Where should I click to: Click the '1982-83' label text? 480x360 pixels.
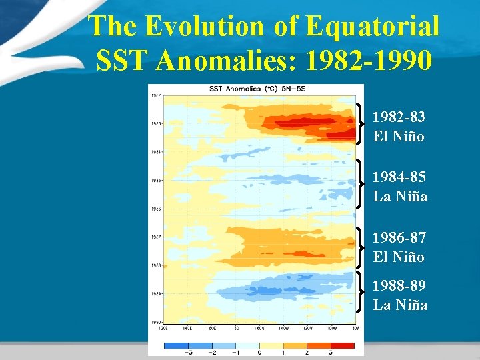click(x=399, y=117)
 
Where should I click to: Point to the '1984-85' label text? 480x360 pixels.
click(x=399, y=177)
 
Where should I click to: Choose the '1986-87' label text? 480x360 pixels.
click(x=399, y=237)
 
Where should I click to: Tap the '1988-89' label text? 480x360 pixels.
click(x=399, y=285)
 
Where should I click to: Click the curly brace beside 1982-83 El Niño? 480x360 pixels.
click(x=361, y=123)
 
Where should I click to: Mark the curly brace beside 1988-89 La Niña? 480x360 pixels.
click(x=361, y=292)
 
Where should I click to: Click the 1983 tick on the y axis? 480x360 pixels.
click(x=155, y=124)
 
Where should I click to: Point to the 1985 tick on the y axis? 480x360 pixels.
click(x=155, y=181)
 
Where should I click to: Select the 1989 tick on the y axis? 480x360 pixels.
click(x=155, y=293)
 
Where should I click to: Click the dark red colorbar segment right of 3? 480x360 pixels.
click(x=342, y=345)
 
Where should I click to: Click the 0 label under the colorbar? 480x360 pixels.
click(x=259, y=353)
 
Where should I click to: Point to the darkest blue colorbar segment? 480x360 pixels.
click(x=176, y=345)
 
